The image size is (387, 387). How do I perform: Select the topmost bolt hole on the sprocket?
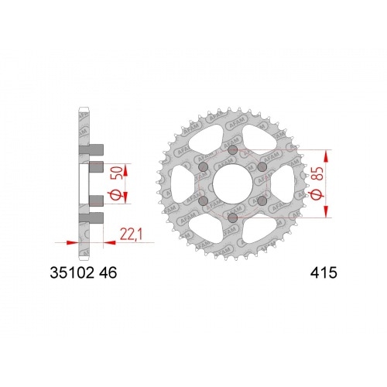pyautogui.click(x=233, y=150)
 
